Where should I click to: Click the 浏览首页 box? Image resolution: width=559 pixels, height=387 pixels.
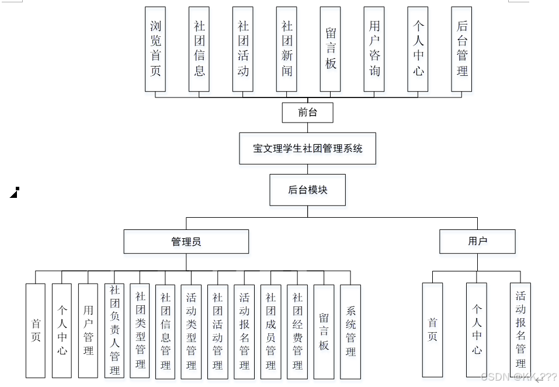point(155,49)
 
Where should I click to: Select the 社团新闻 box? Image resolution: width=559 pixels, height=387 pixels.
point(287,49)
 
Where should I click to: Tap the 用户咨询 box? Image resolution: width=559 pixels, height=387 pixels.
point(374,49)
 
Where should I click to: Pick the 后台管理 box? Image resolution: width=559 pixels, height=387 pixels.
point(462,49)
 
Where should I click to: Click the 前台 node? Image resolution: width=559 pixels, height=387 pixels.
point(307,113)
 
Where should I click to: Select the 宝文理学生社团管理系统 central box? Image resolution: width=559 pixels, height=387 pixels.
point(307,148)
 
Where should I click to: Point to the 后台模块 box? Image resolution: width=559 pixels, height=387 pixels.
point(307,190)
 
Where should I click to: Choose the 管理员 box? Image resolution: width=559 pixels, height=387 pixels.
point(186,242)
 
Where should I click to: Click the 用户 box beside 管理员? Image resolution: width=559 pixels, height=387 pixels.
point(477,241)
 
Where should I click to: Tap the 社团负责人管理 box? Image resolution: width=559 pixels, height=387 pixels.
point(114,330)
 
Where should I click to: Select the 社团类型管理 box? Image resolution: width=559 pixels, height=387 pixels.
point(140,330)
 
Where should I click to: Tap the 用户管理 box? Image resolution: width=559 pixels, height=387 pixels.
point(88,330)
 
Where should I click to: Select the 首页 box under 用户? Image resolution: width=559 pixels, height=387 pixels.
point(433,330)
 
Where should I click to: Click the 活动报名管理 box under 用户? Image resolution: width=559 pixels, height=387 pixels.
point(520,329)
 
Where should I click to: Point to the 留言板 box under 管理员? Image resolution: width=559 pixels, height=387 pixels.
point(324,330)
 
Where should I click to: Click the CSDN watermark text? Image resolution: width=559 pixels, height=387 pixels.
point(518,377)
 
